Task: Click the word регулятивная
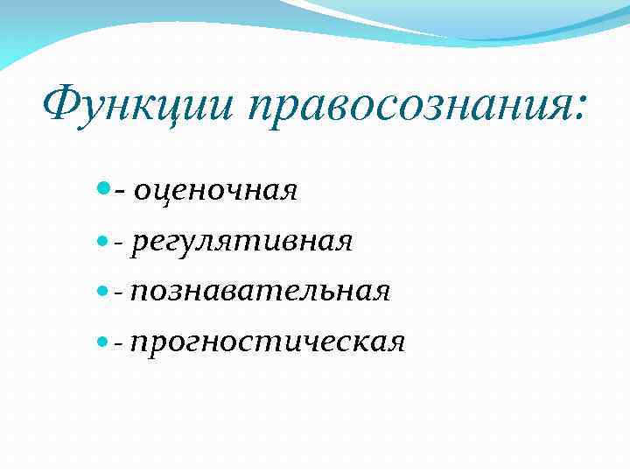pos(241,240)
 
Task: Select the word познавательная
pos(259,290)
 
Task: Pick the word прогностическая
pos(267,341)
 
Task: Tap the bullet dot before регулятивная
pos(105,239)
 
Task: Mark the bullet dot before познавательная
pos(105,289)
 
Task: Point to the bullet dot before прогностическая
pos(105,340)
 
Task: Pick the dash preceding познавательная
pos(119,292)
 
